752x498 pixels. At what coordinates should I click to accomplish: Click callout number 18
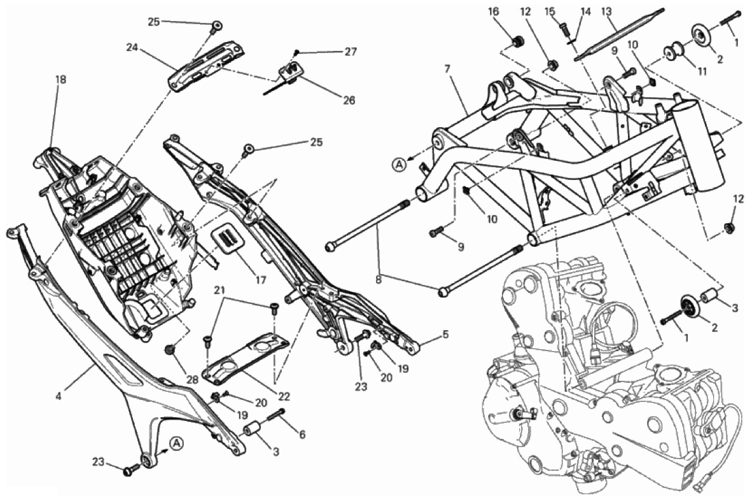point(60,80)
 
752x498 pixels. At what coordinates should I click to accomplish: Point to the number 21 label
point(219,291)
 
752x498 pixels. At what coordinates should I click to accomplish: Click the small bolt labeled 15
point(564,27)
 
